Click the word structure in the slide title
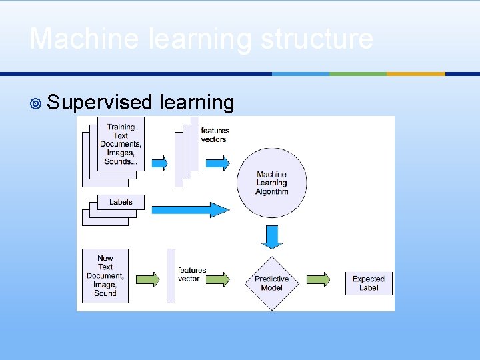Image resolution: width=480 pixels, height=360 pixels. click(317, 39)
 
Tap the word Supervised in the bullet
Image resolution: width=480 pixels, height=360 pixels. click(101, 103)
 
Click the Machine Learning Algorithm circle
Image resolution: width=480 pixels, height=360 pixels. click(271, 183)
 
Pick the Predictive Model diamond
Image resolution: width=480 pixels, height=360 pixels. click(271, 283)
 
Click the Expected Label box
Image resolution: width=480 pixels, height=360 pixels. click(369, 283)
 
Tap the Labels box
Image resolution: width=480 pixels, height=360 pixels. click(120, 202)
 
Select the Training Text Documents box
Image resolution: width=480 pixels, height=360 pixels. click(120, 144)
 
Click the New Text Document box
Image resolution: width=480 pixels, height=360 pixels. click(105, 275)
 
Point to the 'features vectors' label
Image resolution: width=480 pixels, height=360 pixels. click(215, 135)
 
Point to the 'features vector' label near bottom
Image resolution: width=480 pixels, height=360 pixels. click(192, 274)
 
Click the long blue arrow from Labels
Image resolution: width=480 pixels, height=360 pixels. click(190, 210)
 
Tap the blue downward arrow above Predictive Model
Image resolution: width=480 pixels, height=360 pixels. click(271, 236)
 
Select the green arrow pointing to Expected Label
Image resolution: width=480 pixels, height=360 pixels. click(318, 279)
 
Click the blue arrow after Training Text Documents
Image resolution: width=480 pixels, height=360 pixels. click(159, 163)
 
